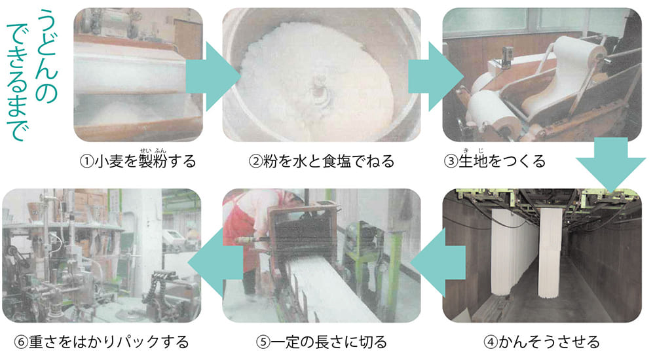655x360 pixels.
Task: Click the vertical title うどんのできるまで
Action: pos(31,75)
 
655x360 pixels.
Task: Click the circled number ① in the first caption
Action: pos(86,162)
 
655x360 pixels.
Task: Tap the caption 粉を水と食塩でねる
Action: pos(329,161)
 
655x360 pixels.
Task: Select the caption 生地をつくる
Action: pos(502,161)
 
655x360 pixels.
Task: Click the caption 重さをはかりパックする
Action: pos(109,342)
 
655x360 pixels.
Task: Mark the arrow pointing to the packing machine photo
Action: pos(215,262)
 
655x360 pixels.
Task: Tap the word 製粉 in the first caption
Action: pos(153,161)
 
